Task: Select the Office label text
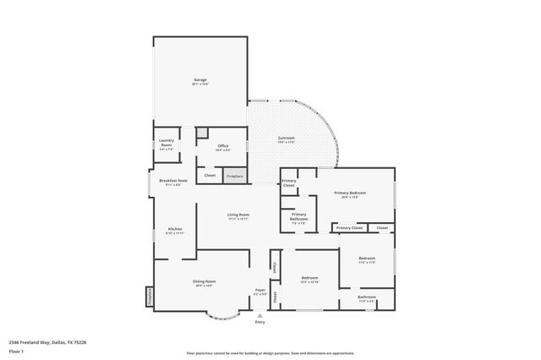pos(223,146)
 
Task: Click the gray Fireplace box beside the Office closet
pos(234,176)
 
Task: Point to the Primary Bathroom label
pos(299,215)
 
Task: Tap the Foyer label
pos(260,291)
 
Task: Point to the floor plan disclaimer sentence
pos(270,353)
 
